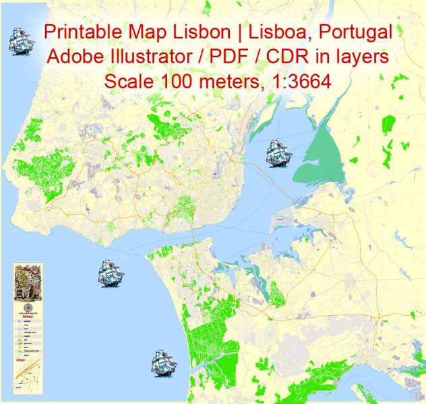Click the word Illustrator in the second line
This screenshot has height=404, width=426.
coord(141,58)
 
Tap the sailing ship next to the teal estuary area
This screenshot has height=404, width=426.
coord(278,153)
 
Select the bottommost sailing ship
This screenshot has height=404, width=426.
coord(164,364)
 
